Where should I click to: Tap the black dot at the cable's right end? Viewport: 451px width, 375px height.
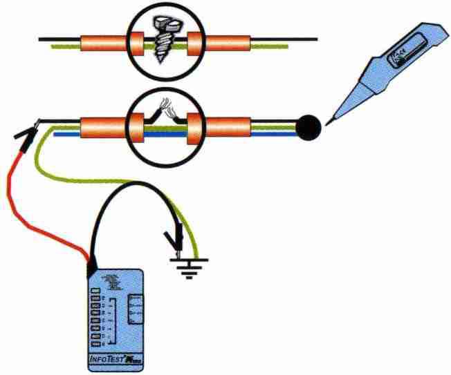309,127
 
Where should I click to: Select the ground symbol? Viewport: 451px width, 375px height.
186,266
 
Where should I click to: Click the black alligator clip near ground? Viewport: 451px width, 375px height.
173,239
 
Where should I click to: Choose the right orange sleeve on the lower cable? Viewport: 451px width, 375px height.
225,128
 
